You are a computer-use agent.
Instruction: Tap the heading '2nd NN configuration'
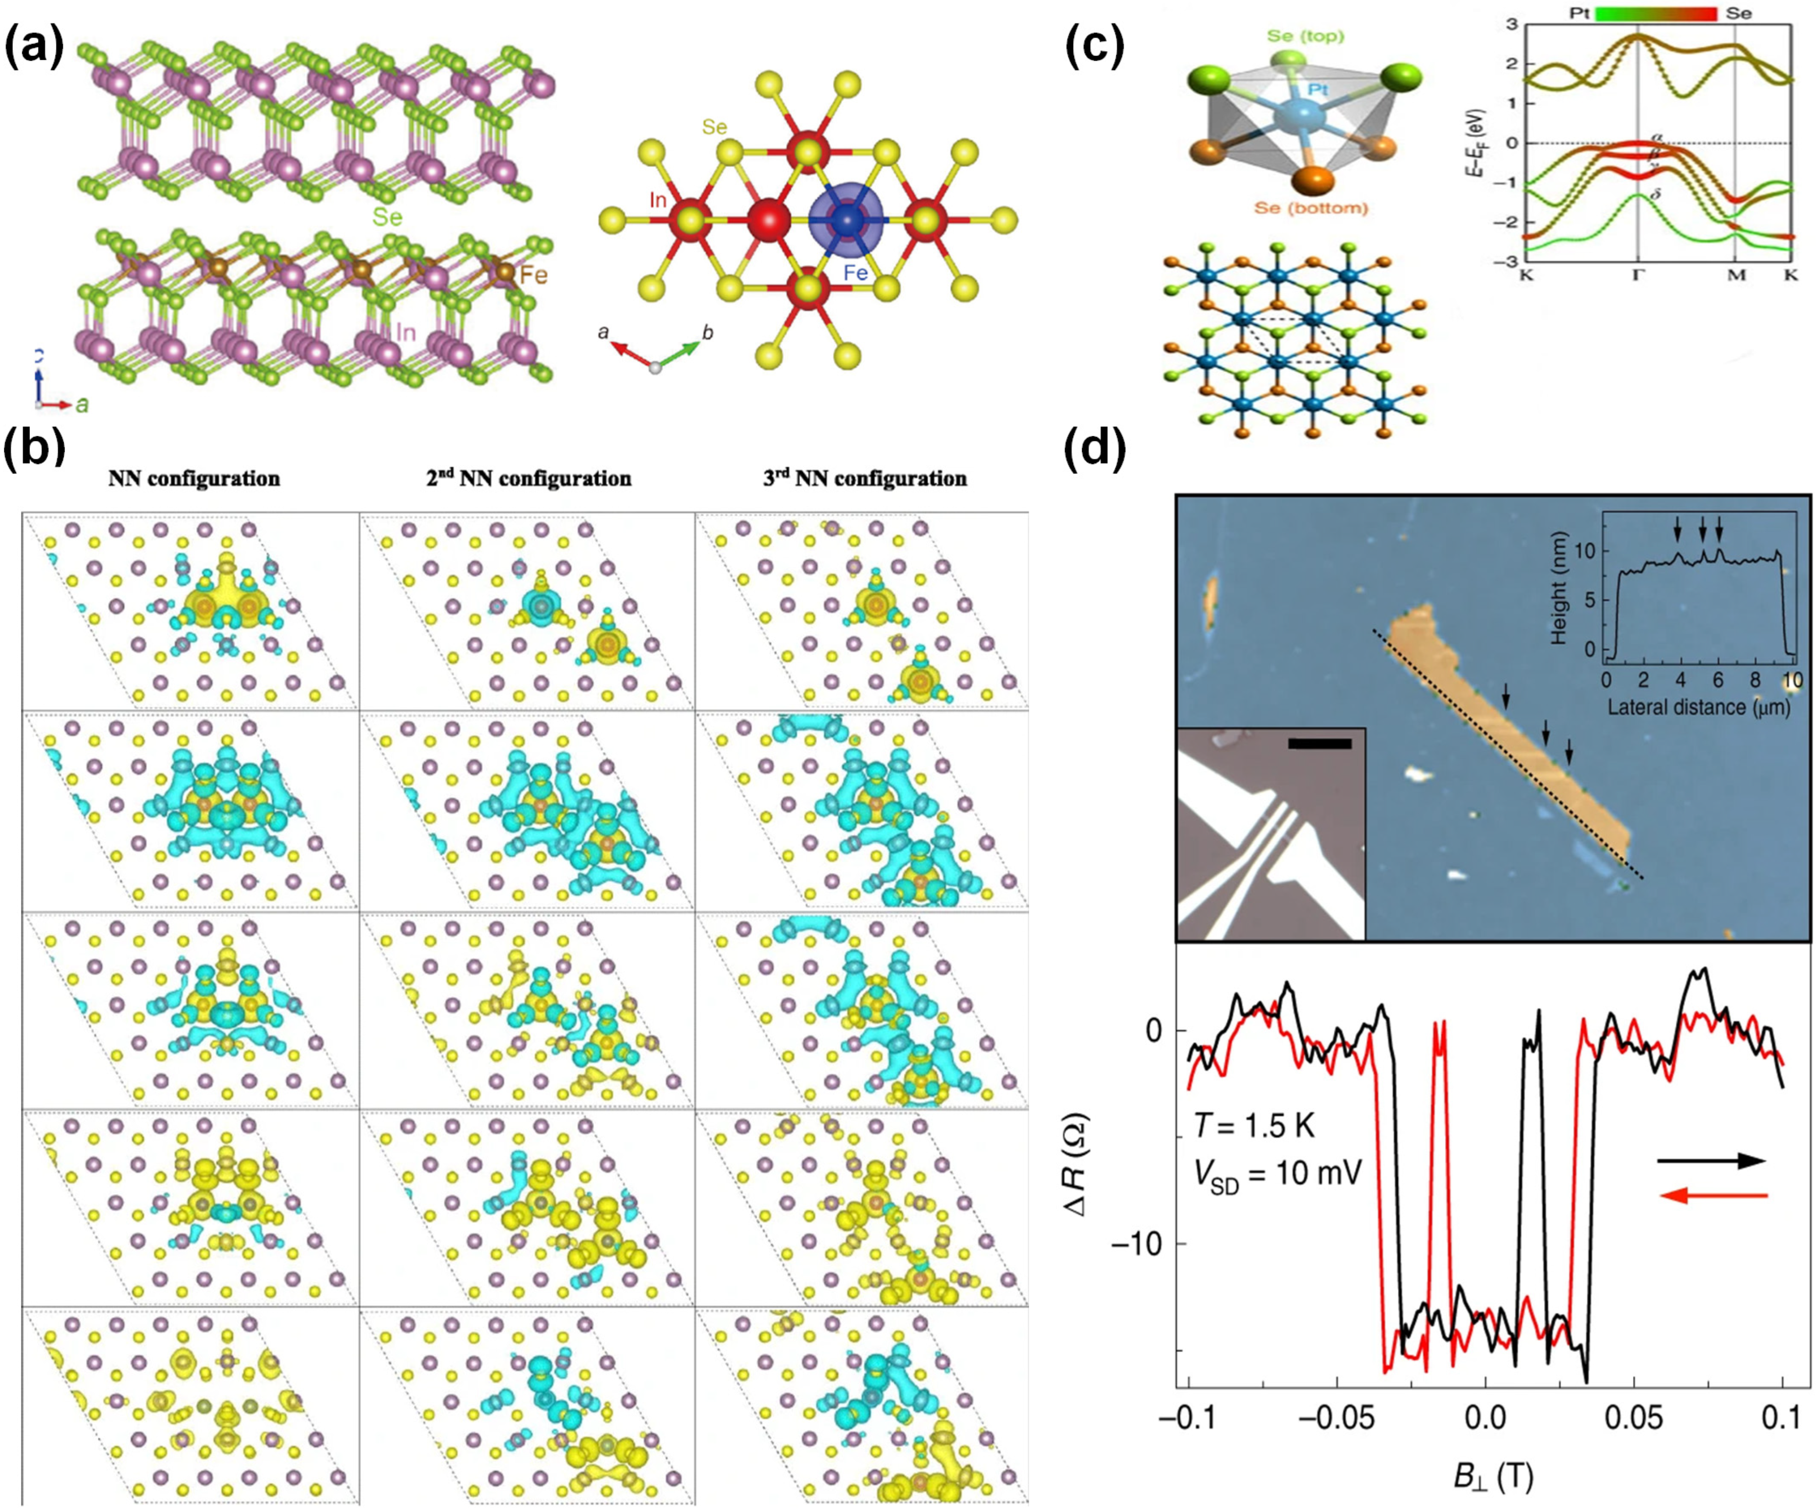coord(529,478)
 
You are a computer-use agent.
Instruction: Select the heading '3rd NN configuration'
coord(864,478)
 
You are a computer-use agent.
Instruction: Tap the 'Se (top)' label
coord(1305,37)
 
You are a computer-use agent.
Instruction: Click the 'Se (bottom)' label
coord(1311,207)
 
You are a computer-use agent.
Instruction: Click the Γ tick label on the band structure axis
coord(1637,276)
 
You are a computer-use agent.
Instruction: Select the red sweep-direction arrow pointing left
coord(1712,1196)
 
